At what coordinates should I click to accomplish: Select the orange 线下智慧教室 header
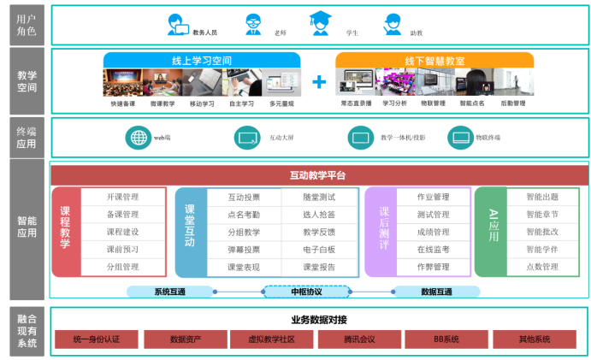(434, 61)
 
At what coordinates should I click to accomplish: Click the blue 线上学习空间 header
(202, 61)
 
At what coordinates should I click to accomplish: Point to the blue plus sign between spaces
(318, 82)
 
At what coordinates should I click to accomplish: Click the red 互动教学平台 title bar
(318, 176)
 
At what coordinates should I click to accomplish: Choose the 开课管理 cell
(123, 197)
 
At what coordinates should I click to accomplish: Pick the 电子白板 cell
(319, 250)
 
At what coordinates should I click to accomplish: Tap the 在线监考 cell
(433, 250)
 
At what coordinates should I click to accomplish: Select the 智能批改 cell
(542, 232)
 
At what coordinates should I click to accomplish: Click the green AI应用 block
(493, 232)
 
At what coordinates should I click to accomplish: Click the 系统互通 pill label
(170, 292)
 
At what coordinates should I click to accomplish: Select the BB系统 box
(446, 339)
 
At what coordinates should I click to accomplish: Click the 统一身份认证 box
(97, 339)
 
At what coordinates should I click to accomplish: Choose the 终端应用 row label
(27, 137)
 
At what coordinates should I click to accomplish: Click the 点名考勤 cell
(244, 215)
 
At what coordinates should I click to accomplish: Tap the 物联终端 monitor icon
(461, 138)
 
